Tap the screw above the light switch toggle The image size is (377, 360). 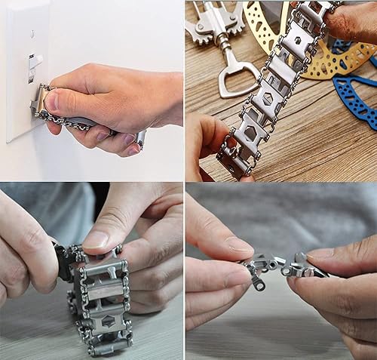point(31,34)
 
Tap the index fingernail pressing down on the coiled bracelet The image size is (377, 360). point(96,239)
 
